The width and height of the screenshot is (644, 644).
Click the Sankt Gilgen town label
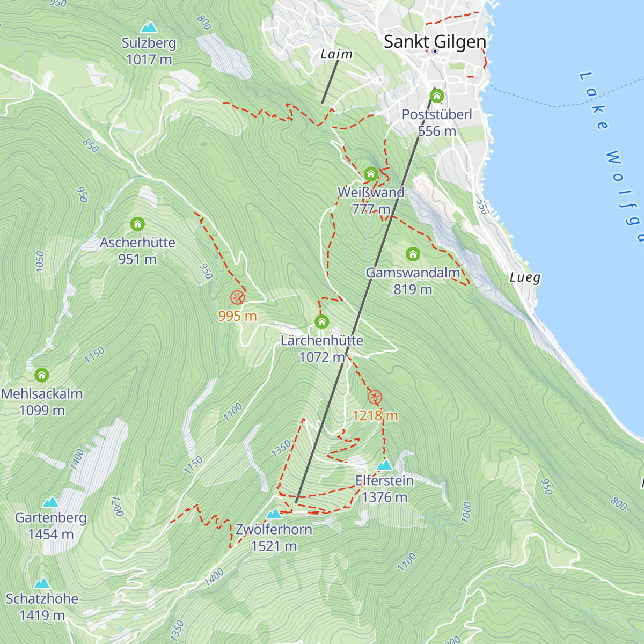(x=435, y=41)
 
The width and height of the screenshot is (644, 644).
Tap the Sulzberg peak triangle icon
(x=149, y=27)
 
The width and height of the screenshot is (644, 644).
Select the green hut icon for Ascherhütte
(x=137, y=224)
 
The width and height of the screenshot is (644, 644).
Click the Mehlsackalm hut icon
(x=42, y=375)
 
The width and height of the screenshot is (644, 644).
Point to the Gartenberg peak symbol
(x=50, y=502)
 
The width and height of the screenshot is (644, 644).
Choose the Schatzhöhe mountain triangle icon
(x=42, y=583)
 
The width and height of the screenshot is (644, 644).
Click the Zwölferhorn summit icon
(x=274, y=514)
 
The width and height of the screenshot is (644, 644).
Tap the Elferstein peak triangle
(x=384, y=465)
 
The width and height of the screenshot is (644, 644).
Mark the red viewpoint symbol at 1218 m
(x=375, y=397)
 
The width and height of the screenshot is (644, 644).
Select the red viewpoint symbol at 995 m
(x=237, y=298)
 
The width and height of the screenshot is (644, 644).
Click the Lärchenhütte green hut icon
(x=321, y=322)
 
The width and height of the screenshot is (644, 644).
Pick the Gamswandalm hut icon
(x=412, y=254)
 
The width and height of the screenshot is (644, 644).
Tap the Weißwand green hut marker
(x=371, y=174)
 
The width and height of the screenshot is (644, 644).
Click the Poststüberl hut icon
(x=437, y=97)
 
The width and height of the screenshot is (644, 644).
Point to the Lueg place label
(x=525, y=277)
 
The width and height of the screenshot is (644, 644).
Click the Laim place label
(x=336, y=54)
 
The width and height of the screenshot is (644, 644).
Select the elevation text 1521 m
(x=274, y=546)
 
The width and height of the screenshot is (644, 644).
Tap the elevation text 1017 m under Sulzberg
(x=149, y=60)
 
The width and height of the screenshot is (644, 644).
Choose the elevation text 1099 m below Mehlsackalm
(x=42, y=411)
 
